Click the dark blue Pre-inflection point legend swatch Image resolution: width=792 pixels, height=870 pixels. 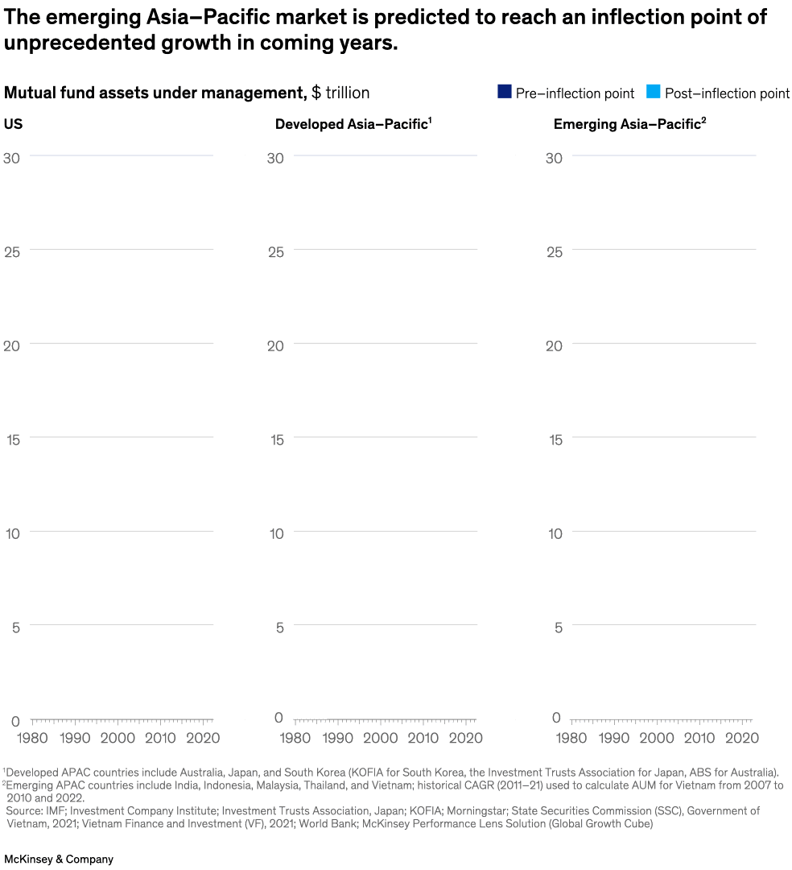point(505,92)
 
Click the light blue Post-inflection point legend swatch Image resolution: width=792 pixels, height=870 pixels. point(653,92)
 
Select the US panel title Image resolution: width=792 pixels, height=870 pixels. point(13,124)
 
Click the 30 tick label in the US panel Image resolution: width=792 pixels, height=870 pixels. point(12,158)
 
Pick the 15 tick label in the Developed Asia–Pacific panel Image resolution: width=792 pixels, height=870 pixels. point(275,440)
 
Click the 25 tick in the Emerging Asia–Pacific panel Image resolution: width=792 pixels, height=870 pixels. point(554,251)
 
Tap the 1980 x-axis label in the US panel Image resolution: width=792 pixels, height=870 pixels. point(33,738)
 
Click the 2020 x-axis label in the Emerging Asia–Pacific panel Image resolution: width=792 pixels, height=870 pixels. point(741,738)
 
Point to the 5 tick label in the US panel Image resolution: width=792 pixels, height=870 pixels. point(15,628)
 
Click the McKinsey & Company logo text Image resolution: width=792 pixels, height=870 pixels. point(59,860)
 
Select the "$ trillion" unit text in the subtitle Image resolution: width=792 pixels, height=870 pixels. point(340,93)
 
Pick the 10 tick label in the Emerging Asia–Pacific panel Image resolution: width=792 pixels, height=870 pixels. point(554,533)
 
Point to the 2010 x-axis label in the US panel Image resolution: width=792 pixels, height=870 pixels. point(160,738)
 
